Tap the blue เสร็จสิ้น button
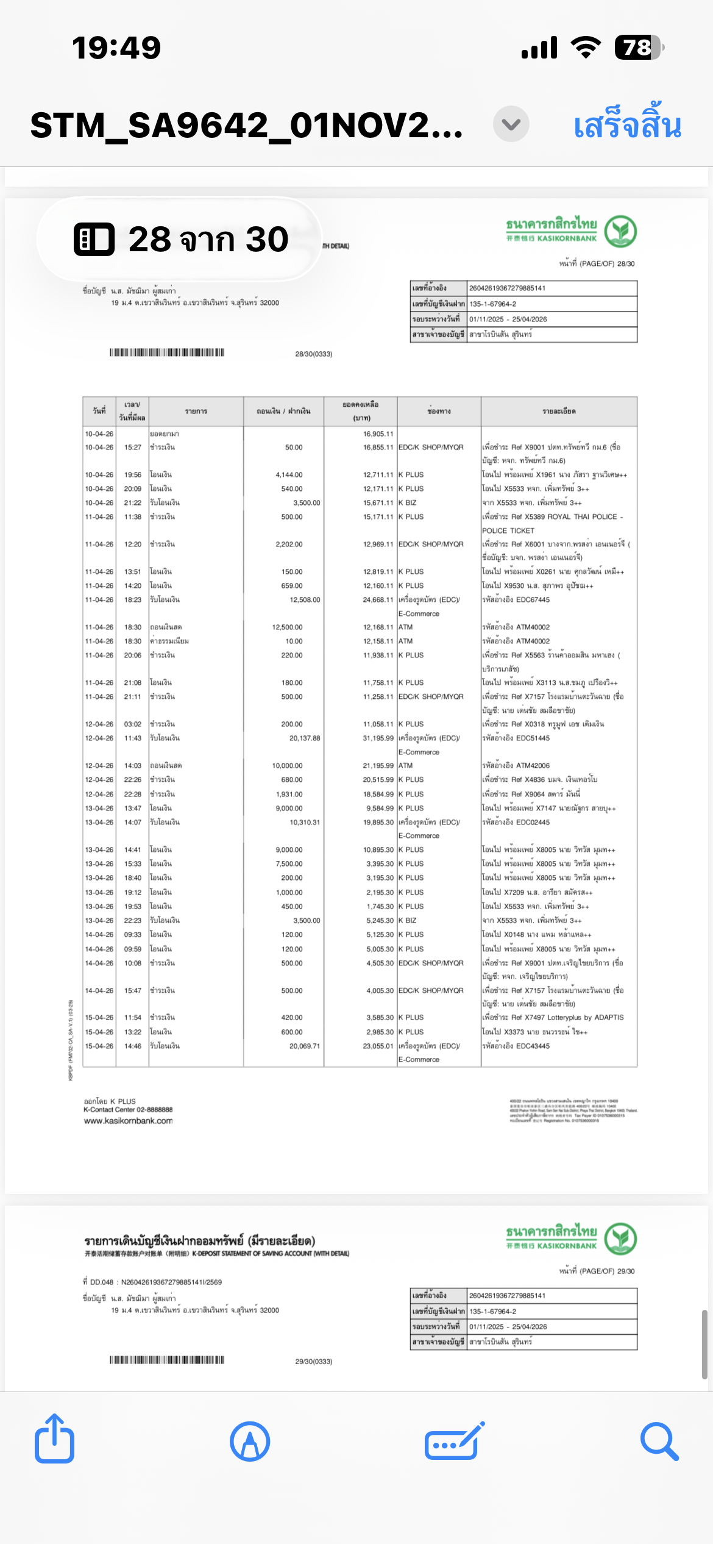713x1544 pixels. [627, 125]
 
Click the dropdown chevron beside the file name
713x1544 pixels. [511, 124]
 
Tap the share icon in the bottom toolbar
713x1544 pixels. [55, 1440]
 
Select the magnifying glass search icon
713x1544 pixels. [659, 1442]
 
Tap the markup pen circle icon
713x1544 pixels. [250, 1442]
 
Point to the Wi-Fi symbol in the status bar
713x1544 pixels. [586, 47]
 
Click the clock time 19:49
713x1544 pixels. [116, 48]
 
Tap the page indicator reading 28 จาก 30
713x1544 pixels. [181, 238]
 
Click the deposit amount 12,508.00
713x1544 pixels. [305, 600]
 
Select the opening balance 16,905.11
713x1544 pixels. [378, 434]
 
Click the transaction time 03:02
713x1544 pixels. [133, 724]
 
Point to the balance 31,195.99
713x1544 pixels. [378, 738]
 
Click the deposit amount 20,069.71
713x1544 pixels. [304, 1046]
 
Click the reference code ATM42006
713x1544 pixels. [533, 766]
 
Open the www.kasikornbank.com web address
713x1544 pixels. [128, 1121]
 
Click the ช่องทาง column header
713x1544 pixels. [439, 412]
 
